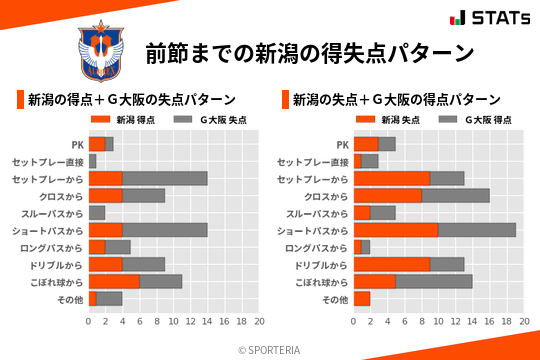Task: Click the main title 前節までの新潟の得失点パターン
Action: (308, 52)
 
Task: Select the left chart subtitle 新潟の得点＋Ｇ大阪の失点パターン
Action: (131, 100)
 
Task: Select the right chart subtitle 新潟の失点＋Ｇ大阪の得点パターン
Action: (396, 100)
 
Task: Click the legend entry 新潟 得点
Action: (119, 120)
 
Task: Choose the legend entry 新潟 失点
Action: (384, 120)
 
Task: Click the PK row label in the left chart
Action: (77, 144)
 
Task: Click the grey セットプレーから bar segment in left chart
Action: (165, 178)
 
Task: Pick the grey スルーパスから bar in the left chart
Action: (97, 213)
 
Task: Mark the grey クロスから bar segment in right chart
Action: (456, 196)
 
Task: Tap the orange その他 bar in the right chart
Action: (362, 298)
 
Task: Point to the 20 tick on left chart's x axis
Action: (259, 322)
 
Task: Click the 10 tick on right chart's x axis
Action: (439, 322)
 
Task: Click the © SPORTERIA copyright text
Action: (270, 349)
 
